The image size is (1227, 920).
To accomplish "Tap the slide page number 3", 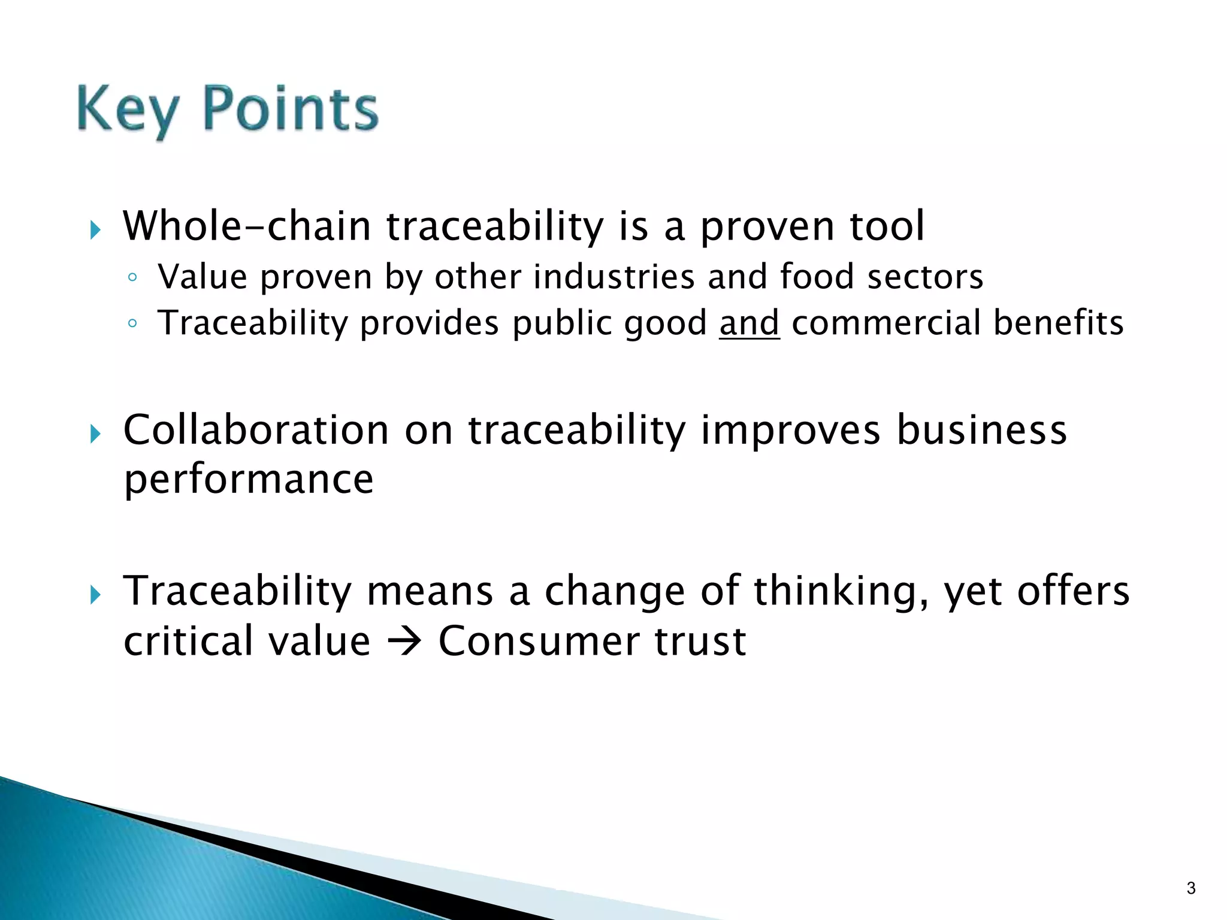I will [1190, 888].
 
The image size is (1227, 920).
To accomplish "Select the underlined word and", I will [749, 323].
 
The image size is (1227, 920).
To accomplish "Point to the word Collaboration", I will [256, 430].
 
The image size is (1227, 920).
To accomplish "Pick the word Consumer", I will [539, 641].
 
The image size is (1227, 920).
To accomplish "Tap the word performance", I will [249, 480].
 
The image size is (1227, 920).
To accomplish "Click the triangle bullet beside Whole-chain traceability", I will [95, 229].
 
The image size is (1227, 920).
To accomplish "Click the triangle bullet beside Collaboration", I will [95, 433].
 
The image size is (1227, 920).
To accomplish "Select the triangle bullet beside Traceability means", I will [95, 595].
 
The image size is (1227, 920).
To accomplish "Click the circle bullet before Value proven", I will [132, 278].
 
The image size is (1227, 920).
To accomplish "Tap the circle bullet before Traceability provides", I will [132, 324].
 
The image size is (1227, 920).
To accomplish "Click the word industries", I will [613, 277].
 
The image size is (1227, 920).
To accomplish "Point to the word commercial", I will [886, 323].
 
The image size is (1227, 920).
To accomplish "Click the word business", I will [981, 430].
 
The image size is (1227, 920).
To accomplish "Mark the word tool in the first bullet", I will [887, 226].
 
